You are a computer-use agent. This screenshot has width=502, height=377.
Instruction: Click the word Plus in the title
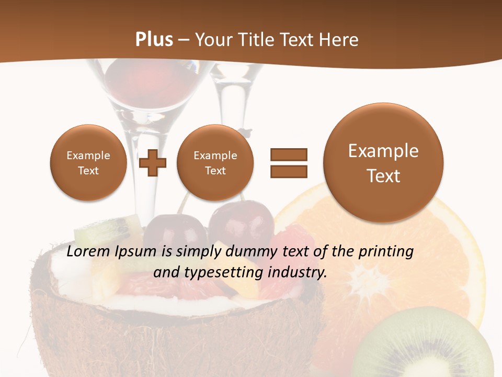pos(154,40)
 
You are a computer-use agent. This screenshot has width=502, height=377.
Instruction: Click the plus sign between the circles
pos(153,163)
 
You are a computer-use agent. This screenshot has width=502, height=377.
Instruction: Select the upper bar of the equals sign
pos(288,154)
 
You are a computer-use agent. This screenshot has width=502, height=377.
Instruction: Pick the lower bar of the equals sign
pos(288,171)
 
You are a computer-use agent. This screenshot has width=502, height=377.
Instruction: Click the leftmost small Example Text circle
pos(88,163)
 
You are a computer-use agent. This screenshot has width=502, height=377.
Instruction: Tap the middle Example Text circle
pos(215,163)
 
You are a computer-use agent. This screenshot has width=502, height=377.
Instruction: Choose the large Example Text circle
pos(383,163)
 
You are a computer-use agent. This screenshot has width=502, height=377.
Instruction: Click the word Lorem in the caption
pos(89,251)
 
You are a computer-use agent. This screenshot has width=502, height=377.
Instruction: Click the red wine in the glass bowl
pos(131,84)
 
